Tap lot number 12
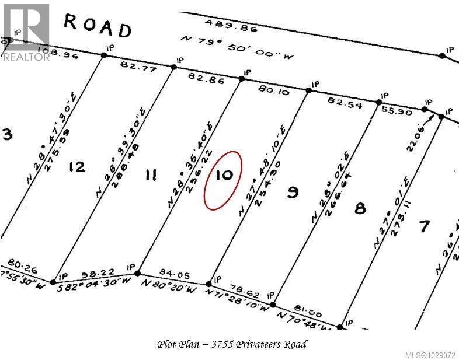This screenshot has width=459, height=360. click(76, 167)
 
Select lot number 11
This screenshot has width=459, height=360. click(150, 174)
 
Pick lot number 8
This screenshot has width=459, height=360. click(360, 208)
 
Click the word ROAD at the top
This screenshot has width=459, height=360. click(97, 26)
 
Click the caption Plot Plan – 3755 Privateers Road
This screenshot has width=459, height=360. click(232, 344)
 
